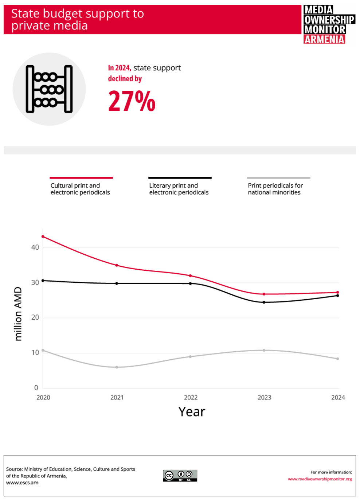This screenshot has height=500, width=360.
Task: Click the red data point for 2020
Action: pyautogui.click(x=43, y=237)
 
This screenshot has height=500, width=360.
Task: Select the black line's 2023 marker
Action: pyautogui.click(x=264, y=302)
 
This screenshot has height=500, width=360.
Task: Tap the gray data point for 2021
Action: pyautogui.click(x=117, y=367)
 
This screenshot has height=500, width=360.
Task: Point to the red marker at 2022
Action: pyautogui.click(x=191, y=276)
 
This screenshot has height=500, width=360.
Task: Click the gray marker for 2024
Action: pyautogui.click(x=338, y=359)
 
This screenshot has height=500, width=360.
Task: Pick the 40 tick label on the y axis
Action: pyautogui.click(x=35, y=247)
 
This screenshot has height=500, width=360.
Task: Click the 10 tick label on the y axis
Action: pyautogui.click(x=35, y=352)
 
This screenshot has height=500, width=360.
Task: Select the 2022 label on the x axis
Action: pyautogui.click(x=191, y=398)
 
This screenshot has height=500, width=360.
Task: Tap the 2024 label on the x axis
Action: pyautogui.click(x=338, y=398)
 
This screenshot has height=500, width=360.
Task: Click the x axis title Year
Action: pyautogui.click(x=192, y=412)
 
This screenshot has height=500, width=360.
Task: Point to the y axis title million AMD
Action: pyautogui.click(x=18, y=314)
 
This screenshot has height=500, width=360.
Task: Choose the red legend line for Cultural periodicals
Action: pyautogui.click(x=81, y=178)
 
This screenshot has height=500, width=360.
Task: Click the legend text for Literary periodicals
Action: pyautogui.click(x=179, y=189)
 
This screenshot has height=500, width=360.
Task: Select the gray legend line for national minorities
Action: pyautogui.click(x=279, y=178)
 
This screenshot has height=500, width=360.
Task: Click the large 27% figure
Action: pyautogui.click(x=132, y=101)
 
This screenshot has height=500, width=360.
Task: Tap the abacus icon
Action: pyautogui.click(x=49, y=89)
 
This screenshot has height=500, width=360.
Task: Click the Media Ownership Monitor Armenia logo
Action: pyautogui.click(x=329, y=24)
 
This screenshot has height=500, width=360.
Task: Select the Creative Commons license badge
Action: pyautogui.click(x=180, y=476)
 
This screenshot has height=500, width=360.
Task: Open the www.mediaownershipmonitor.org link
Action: pyautogui.click(x=320, y=479)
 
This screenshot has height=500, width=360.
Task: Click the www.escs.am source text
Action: pyautogui.click(x=22, y=483)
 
